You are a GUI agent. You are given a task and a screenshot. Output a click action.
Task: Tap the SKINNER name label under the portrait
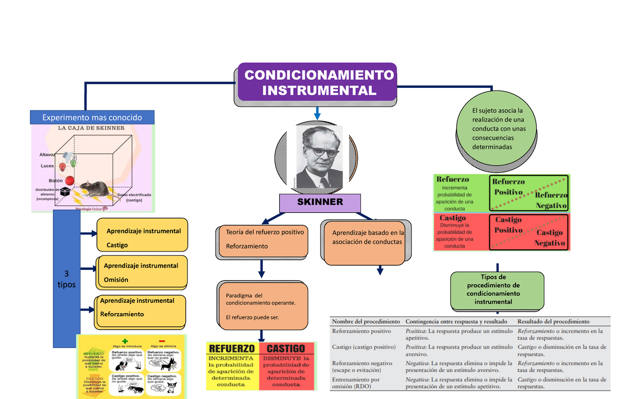(x=320, y=202)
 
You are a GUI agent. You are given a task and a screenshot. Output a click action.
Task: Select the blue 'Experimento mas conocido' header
(x=93, y=117)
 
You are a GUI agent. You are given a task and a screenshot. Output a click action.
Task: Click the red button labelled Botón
(x=70, y=180)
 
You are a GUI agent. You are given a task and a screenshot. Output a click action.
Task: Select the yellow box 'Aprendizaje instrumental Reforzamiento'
(x=141, y=307)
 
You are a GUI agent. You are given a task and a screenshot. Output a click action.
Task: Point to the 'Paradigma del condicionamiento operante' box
(x=263, y=306)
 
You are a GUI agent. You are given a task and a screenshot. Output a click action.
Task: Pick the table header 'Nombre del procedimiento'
(x=366, y=321)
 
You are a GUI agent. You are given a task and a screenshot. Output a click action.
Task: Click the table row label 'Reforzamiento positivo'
(x=362, y=331)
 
